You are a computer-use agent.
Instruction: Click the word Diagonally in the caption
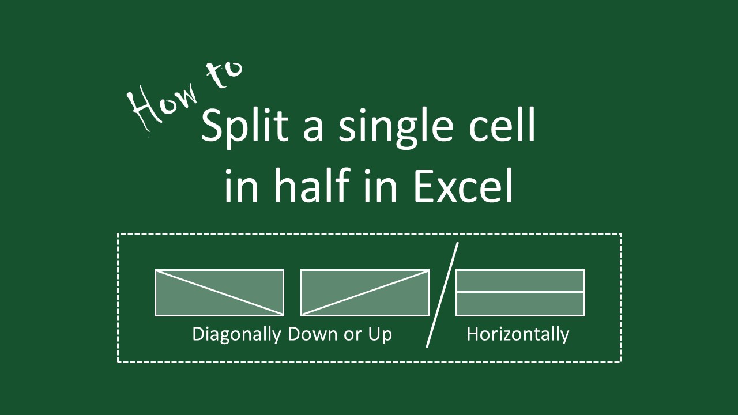point(236,334)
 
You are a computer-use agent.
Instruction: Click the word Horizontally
point(518,334)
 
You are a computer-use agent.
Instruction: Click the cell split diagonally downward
point(219,293)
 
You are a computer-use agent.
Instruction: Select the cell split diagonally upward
point(365,293)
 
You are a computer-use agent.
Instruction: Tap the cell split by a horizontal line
point(520,293)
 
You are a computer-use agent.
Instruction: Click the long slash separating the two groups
point(442,295)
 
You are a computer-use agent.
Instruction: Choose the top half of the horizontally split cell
point(520,281)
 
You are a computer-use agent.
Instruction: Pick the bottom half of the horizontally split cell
point(520,304)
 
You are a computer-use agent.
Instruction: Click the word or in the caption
point(352,334)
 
